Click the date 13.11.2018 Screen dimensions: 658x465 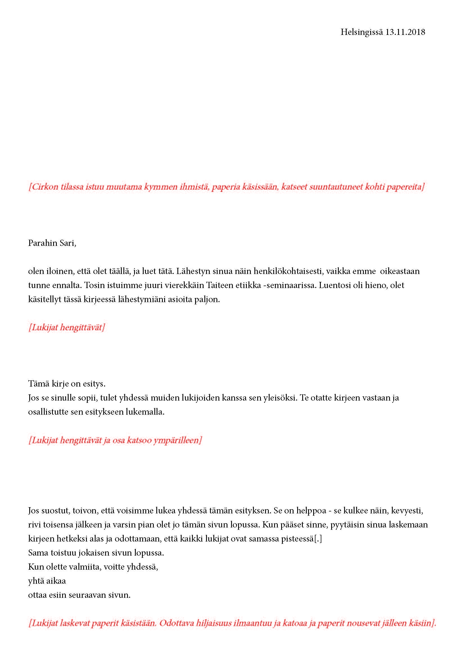(405, 32)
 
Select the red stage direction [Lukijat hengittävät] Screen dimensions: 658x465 (67, 327)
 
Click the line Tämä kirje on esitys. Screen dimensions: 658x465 (67, 383)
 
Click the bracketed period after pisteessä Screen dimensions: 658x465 (318, 539)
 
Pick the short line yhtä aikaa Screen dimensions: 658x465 (47, 581)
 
